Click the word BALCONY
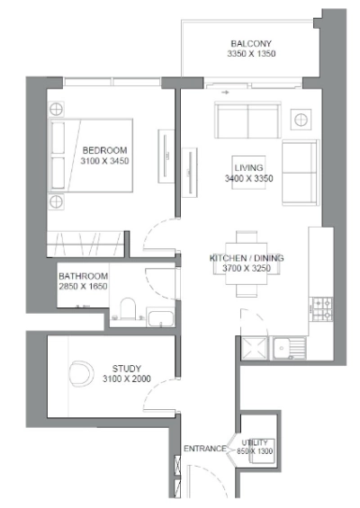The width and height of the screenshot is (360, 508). pos(251,43)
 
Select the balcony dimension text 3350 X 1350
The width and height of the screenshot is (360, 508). pos(251,55)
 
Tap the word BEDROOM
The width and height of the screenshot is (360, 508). pos(104,150)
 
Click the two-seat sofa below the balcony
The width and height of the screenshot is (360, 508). pos(247,119)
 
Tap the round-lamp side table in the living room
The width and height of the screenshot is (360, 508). pos(301,116)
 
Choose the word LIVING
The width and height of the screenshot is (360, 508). pos(247,168)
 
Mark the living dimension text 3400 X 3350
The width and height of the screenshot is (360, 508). pos(247,179)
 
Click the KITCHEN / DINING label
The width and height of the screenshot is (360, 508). pos(247,258)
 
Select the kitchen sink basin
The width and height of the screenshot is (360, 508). pos(289,345)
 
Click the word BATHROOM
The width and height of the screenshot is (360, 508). pos(84,276)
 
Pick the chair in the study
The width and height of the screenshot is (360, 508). pos(81,371)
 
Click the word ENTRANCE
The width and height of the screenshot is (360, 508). pos(203,449)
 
